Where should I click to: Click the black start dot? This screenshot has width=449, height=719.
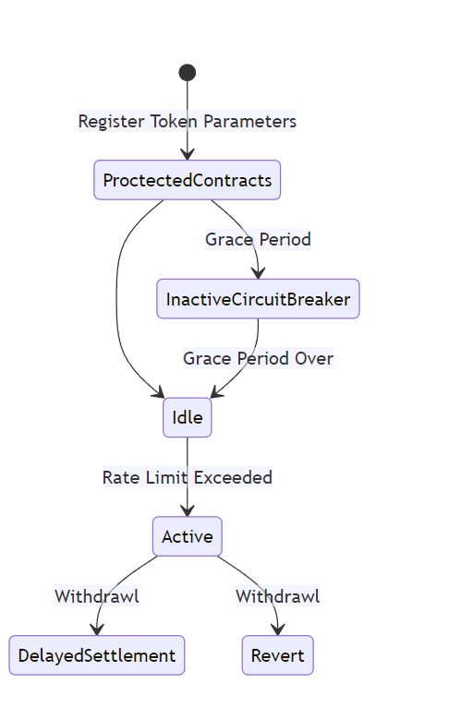click(x=188, y=72)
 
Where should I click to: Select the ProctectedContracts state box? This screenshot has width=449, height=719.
click(x=188, y=180)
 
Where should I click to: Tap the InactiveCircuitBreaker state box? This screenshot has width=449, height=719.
click(x=258, y=299)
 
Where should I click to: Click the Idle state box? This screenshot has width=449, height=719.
click(x=188, y=418)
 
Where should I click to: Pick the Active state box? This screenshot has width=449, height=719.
click(x=188, y=536)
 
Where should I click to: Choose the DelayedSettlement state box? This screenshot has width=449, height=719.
click(x=97, y=655)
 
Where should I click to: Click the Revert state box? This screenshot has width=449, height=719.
click(x=278, y=655)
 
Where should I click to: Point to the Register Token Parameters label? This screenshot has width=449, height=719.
click(x=188, y=121)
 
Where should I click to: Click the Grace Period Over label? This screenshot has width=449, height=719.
click(x=258, y=358)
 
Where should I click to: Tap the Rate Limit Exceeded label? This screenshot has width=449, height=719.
click(x=188, y=477)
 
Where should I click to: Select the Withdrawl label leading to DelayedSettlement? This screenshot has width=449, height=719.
click(x=97, y=596)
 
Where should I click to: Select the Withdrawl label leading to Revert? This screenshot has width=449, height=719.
click(x=278, y=596)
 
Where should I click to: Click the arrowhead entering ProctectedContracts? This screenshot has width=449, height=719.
click(x=188, y=154)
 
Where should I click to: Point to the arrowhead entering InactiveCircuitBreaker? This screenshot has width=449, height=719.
click(x=259, y=273)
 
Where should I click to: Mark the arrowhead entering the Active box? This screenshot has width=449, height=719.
click(x=188, y=510)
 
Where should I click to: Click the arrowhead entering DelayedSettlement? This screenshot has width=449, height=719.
click(x=97, y=629)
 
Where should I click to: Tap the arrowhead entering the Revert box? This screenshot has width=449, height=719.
click(x=278, y=629)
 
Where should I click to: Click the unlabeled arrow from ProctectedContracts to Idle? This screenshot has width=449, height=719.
click(x=116, y=298)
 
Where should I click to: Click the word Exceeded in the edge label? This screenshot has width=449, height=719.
click(x=233, y=477)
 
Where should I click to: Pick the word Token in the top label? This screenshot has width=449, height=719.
click(x=174, y=121)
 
